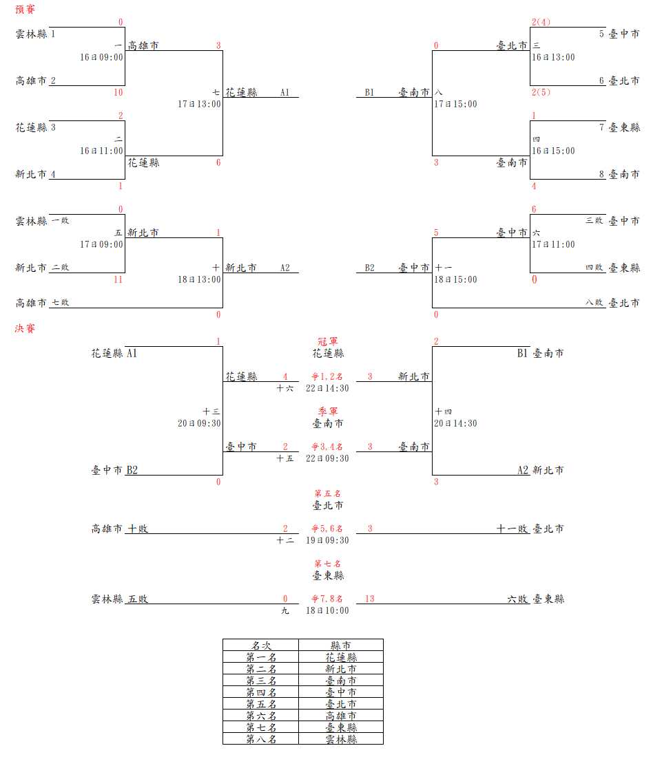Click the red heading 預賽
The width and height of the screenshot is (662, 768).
[25, 10]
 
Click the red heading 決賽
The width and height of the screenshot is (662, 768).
[25, 328]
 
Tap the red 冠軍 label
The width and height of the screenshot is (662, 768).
[327, 341]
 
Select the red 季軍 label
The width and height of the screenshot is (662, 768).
[327, 412]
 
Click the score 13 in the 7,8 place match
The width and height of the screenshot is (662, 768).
[370, 599]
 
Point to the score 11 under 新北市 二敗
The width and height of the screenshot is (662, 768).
[118, 279]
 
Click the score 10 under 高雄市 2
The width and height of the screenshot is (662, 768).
[118, 92]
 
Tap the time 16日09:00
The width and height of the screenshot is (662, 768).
[101, 58]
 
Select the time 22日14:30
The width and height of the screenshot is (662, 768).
[327, 388]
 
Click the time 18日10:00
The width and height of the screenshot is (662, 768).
[327, 610]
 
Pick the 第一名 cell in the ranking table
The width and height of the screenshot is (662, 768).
[261, 657]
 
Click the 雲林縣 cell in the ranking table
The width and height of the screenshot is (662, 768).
[341, 739]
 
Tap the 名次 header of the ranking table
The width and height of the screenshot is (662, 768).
[261, 646]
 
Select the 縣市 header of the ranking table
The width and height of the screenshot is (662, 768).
[341, 646]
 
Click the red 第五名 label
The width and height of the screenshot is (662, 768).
[327, 493]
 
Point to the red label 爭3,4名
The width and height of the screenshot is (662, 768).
[327, 447]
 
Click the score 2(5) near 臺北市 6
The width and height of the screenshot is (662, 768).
[541, 92]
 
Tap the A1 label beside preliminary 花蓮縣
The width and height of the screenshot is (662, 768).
[285, 92]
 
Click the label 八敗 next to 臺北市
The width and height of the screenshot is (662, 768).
[594, 303]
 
